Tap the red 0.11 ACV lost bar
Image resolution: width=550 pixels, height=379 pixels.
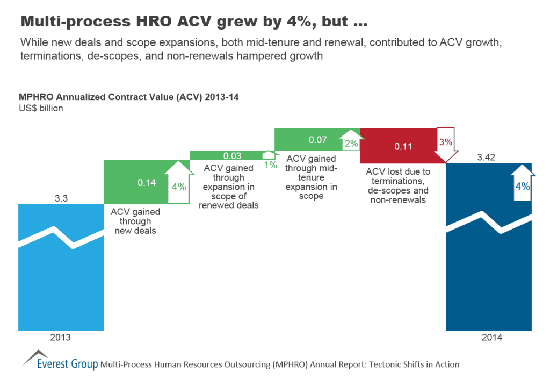click(397, 146)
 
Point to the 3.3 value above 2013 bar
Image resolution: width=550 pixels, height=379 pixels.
click(61, 198)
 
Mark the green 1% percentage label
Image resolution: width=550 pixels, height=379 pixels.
click(270, 165)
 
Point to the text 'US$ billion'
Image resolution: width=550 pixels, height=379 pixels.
click(41, 108)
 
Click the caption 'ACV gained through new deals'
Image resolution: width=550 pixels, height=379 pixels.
click(135, 221)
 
